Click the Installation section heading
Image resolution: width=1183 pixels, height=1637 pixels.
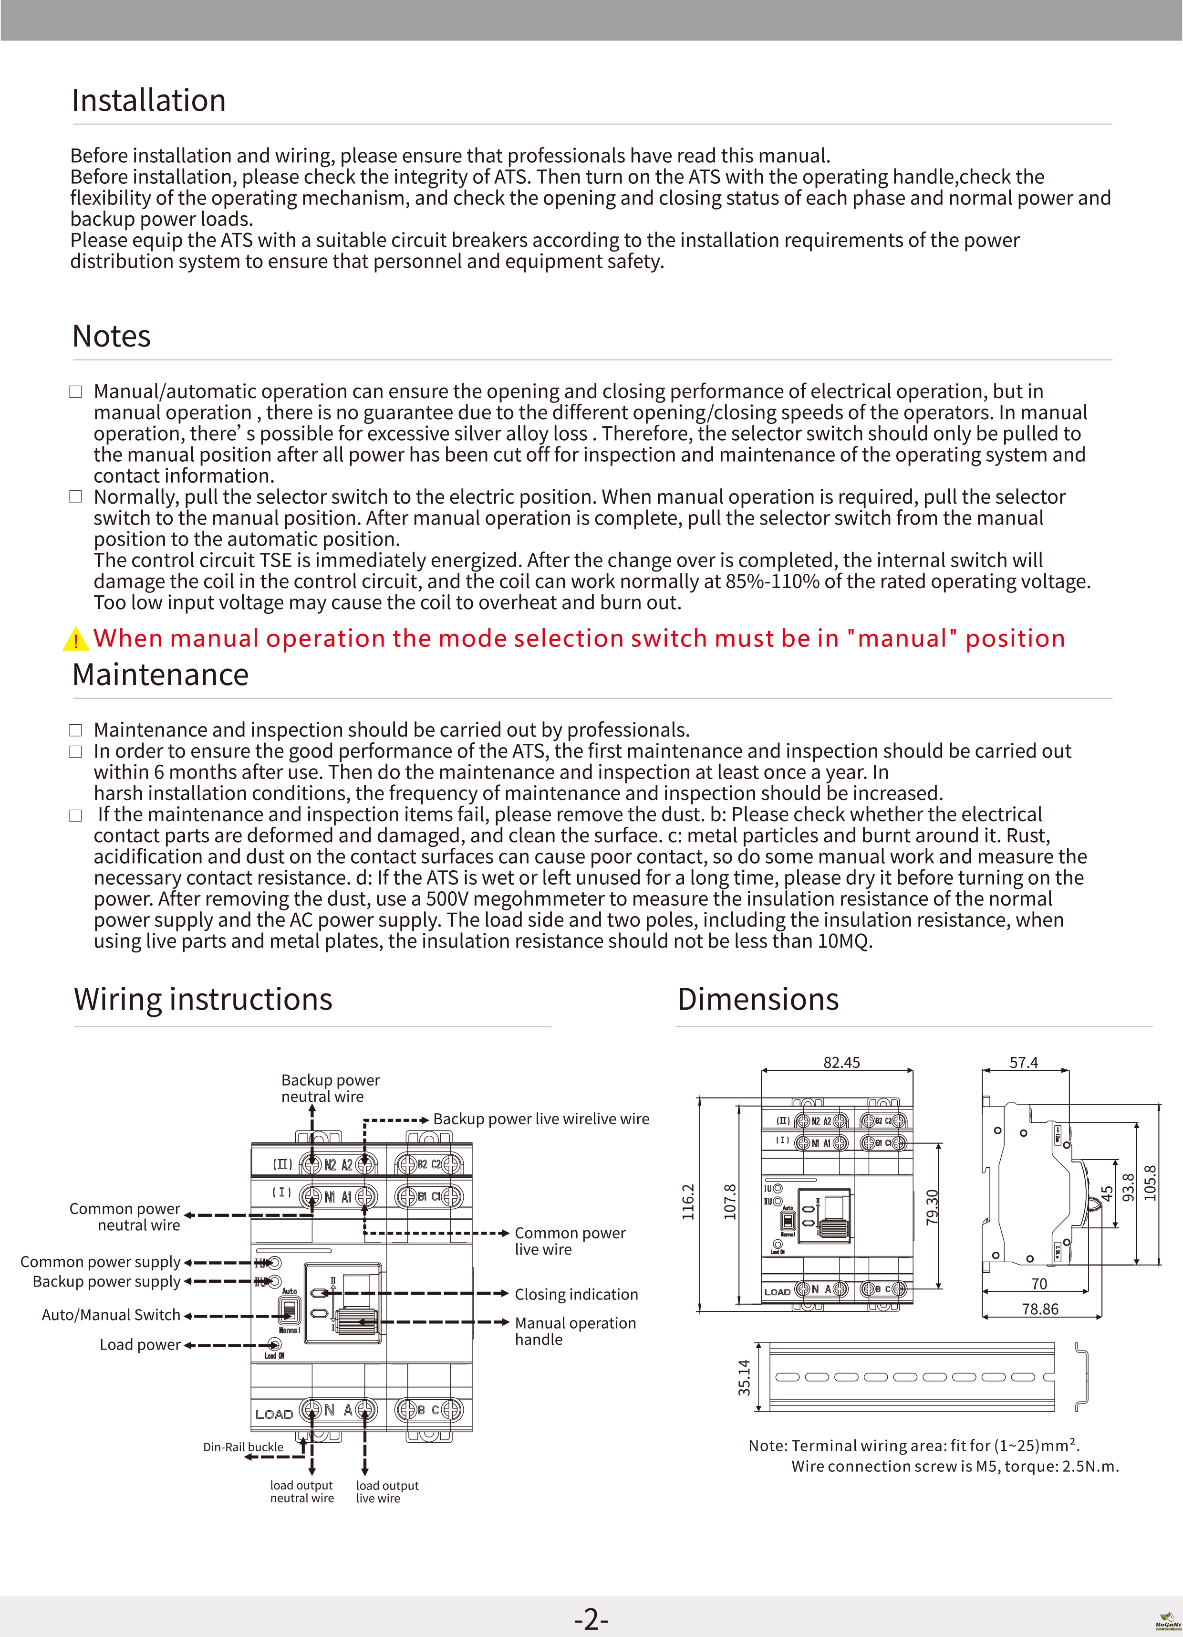pos(149,100)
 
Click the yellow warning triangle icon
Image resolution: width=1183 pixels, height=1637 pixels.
pos(75,640)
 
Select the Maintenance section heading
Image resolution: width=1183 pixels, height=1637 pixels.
pos(160,675)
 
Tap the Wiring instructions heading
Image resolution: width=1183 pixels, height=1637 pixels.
pos(203,1000)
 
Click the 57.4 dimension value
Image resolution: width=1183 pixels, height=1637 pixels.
pos(1024,1063)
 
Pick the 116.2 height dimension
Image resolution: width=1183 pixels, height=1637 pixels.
pos(688,1202)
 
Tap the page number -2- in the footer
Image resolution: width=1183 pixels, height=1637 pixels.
pos(591,1620)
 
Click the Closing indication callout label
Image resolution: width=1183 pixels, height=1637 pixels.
pos(576,1294)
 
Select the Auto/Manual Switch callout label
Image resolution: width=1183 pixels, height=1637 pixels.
pos(111,1315)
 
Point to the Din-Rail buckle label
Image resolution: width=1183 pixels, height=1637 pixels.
pos(243,1447)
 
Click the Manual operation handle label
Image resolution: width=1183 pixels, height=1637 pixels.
pos(575,1331)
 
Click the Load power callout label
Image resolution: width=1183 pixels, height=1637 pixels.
pos(140,1345)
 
